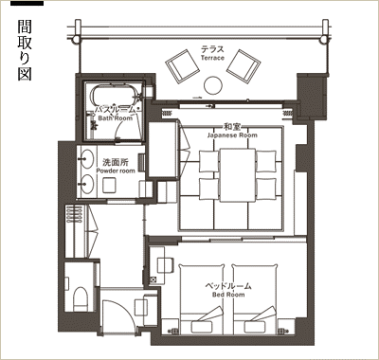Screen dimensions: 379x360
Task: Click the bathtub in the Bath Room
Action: click(114, 95)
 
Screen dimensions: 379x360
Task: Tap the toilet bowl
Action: click(80, 298)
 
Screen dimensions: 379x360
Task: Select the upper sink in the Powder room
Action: click(85, 159)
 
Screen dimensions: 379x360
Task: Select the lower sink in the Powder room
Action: click(85, 185)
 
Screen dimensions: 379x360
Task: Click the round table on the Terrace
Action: click(213, 85)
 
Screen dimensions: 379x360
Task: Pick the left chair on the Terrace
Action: click(182, 65)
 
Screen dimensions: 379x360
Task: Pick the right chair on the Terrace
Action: click(244, 65)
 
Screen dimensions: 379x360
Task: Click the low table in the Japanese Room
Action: click(238, 174)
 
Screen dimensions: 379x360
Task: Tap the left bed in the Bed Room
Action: click(202, 299)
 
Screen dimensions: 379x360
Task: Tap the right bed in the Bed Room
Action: click(255, 299)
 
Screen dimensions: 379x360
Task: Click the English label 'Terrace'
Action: click(212, 58)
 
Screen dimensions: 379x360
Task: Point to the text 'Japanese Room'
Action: click(232, 135)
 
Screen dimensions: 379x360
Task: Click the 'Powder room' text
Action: click(116, 171)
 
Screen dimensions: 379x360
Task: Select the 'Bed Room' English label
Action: click(228, 295)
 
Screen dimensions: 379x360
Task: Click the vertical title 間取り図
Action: click(25, 51)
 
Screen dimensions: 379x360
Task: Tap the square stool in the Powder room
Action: click(110, 185)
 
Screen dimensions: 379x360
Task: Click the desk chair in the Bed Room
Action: click(165, 265)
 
